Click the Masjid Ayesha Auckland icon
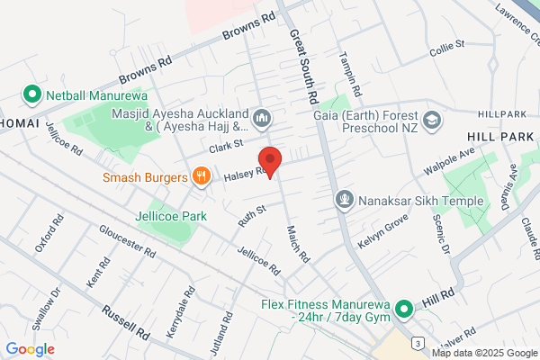(263, 117)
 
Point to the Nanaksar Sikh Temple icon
(343, 199)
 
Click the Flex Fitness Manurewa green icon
(404, 310)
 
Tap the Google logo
(30, 348)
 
